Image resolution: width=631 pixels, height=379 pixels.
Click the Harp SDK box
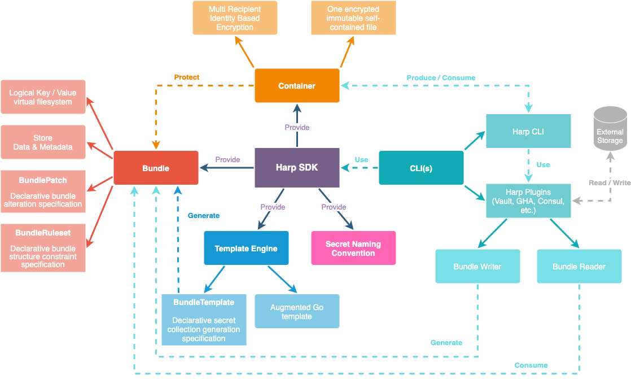[297, 168]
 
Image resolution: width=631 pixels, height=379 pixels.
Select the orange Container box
[297, 86]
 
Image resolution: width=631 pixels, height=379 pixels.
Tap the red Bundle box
[156, 168]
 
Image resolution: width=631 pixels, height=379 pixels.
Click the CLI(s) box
[421, 168]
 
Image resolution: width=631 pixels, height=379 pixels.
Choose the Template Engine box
[246, 248]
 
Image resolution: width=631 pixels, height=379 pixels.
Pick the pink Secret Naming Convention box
[353, 249]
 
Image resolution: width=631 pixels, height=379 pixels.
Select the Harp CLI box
[528, 131]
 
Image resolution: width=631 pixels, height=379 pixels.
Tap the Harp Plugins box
[528, 201]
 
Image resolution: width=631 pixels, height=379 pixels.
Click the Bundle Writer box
[477, 267]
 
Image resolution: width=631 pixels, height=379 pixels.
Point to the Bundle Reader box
[579, 267]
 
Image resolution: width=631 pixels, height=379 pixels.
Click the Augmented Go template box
[297, 311]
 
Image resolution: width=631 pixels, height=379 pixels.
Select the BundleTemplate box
[204, 320]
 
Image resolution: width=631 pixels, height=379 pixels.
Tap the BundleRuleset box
[43, 248]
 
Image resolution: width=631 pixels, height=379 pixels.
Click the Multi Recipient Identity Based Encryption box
[235, 18]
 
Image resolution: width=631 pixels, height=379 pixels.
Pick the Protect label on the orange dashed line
[187, 77]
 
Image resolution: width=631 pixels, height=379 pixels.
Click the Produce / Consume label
[441, 77]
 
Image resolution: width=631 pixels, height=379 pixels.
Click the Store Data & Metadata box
[43, 142]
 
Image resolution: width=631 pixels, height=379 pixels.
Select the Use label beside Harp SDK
[361, 160]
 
